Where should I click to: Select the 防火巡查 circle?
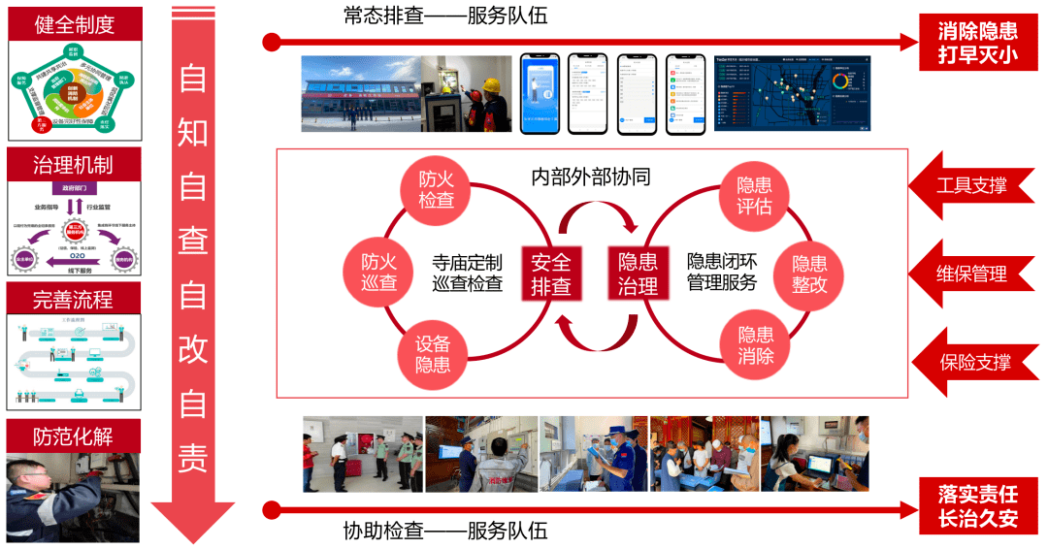pyautogui.click(x=380, y=272)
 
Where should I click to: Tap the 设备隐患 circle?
pyautogui.click(x=433, y=354)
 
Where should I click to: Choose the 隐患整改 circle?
pyautogui.click(x=810, y=273)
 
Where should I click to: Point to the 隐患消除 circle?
pyautogui.click(x=756, y=345)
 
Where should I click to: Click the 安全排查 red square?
pyautogui.click(x=550, y=274)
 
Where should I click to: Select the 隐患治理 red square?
pyautogui.click(x=639, y=274)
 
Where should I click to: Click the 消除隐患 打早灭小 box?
pyautogui.click(x=977, y=43)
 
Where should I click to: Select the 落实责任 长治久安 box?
pyautogui.click(x=977, y=506)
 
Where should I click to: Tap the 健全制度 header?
pyautogui.click(x=75, y=23)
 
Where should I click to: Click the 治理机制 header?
pyautogui.click(x=74, y=164)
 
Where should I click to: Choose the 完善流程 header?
pyautogui.click(x=74, y=299)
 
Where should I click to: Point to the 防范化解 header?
pyautogui.click(x=74, y=436)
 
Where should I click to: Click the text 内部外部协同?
pyautogui.click(x=590, y=177)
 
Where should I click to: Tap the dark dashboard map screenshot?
pyautogui.click(x=792, y=92)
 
